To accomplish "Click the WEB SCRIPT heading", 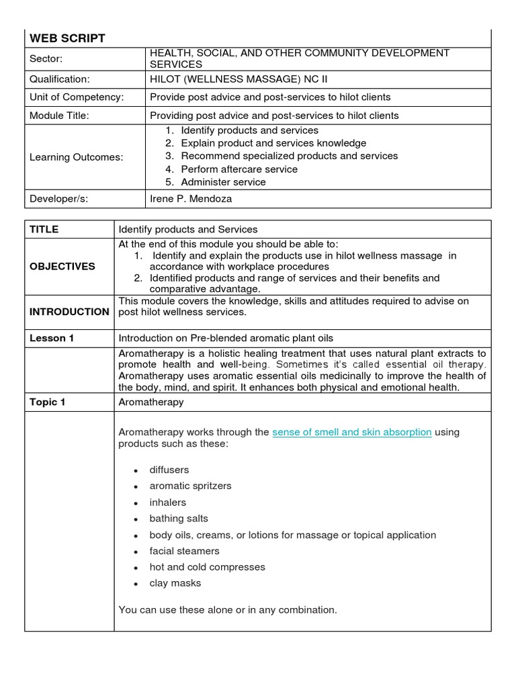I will tap(67, 38).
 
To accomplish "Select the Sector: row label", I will tap(46, 58).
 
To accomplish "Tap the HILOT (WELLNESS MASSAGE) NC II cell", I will tap(229, 78).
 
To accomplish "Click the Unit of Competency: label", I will tap(77, 97).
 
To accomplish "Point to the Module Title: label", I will tap(59, 116).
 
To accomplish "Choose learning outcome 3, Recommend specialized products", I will tap(289, 156).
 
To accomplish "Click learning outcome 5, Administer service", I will tap(223, 182).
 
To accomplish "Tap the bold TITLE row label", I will tap(44, 229).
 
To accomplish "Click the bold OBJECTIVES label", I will tap(62, 266).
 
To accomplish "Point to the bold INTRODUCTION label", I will tap(69, 312).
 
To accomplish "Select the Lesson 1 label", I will tap(52, 338).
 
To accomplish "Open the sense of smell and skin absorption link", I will tap(351, 432).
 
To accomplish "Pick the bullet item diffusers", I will tap(169, 470).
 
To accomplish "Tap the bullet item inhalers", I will tap(168, 502).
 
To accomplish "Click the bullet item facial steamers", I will tap(184, 551).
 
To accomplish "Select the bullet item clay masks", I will tap(175, 583).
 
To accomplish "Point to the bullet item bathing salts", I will tap(179, 519).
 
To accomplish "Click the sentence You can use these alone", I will tap(227, 610).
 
